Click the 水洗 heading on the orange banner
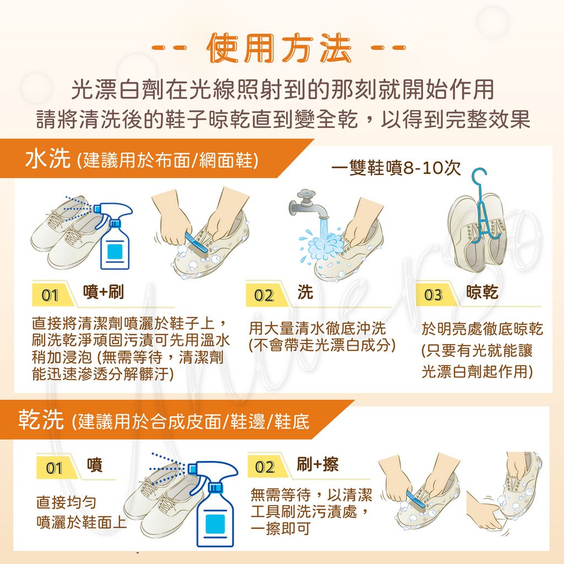(x=48, y=160)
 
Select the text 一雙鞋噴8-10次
(x=397, y=169)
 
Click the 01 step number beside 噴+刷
(x=50, y=296)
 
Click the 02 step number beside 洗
(x=264, y=296)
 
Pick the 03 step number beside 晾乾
(x=433, y=296)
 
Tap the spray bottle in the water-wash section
(x=116, y=237)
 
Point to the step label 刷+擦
(x=317, y=465)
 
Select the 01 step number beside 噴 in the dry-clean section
(x=54, y=469)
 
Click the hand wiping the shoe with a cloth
(x=485, y=509)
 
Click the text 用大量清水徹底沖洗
(x=317, y=329)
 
